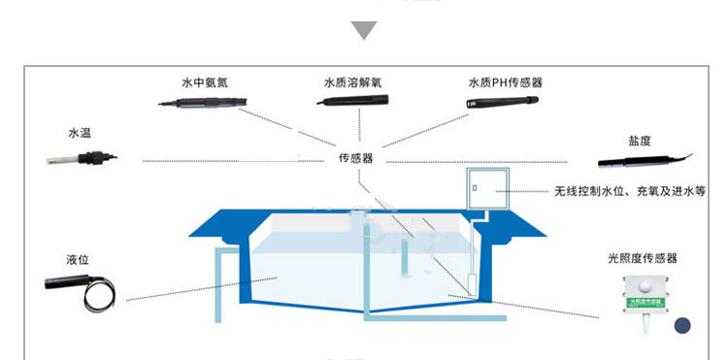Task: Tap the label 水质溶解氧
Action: [352, 82]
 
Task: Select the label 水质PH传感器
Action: [504, 82]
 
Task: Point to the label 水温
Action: [79, 132]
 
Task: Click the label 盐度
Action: [640, 141]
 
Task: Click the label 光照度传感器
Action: [642, 258]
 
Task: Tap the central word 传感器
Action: [355, 158]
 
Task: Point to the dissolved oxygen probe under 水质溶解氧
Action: [355, 99]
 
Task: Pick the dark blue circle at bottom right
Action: [683, 327]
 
